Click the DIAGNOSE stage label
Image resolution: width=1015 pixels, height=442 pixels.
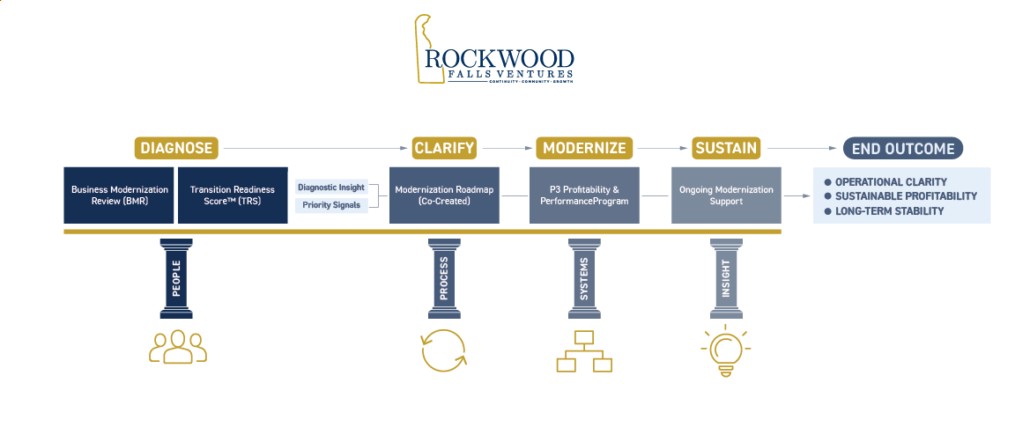(x=176, y=148)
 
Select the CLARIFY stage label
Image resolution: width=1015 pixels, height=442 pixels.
(x=444, y=148)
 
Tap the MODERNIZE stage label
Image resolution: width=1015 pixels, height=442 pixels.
(x=584, y=148)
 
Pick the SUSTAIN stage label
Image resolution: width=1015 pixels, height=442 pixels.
(x=726, y=148)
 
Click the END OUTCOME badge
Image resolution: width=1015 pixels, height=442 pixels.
(x=902, y=149)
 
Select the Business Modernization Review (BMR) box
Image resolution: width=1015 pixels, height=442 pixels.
(x=119, y=195)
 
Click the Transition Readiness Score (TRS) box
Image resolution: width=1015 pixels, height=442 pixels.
(x=233, y=195)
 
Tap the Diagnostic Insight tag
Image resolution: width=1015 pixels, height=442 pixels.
(x=330, y=188)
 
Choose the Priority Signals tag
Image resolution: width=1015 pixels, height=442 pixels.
(x=330, y=205)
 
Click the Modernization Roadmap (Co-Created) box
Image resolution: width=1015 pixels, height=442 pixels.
(x=444, y=195)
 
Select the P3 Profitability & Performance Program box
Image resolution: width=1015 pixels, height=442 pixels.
(x=584, y=195)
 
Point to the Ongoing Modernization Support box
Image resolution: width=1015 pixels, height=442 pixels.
(x=726, y=195)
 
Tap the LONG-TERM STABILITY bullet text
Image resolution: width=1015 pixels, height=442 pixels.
(x=889, y=211)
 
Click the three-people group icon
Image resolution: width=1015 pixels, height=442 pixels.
(x=177, y=347)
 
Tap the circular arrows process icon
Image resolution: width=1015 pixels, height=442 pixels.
(x=443, y=350)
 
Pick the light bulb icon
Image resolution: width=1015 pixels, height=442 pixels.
(x=725, y=350)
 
